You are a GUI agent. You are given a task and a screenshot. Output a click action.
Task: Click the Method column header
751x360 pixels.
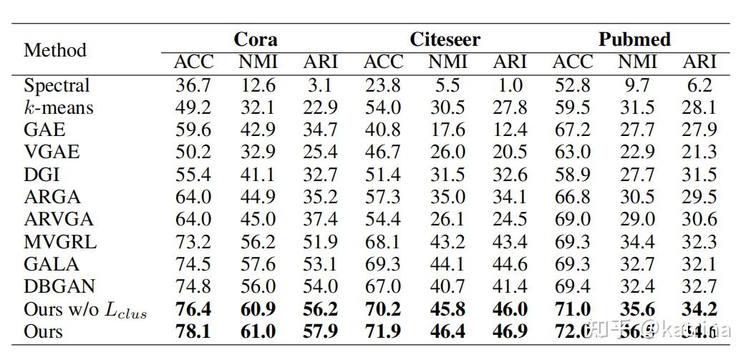[55, 50]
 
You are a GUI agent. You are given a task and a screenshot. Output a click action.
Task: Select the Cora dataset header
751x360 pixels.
[256, 39]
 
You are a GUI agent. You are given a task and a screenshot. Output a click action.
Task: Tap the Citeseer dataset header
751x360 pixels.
[445, 39]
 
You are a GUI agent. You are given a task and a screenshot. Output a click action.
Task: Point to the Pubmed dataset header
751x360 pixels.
[634, 39]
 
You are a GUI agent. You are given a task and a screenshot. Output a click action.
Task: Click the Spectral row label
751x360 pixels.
[57, 85]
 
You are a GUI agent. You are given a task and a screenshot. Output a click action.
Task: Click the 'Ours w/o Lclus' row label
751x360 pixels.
[85, 309]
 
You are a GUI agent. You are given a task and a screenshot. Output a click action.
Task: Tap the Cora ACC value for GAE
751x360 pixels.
[193, 130]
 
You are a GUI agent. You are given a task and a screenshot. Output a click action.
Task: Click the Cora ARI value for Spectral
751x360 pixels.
[320, 85]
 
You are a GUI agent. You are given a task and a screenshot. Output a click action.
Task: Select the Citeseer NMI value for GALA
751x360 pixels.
[447, 264]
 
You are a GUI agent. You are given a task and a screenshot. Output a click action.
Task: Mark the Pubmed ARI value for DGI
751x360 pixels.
[699, 175]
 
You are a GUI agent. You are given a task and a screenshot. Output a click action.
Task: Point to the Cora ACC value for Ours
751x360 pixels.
[193, 331]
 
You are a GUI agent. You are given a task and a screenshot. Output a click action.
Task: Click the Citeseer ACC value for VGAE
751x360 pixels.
[383, 152]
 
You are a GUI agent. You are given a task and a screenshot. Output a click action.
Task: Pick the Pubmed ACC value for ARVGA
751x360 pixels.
[573, 219]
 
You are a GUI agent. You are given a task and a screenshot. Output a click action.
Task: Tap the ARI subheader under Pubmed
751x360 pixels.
[699, 62]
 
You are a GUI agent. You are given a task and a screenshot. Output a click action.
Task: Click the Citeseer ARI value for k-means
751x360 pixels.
[510, 107]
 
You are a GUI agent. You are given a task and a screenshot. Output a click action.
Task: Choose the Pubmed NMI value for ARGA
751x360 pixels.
[636, 197]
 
